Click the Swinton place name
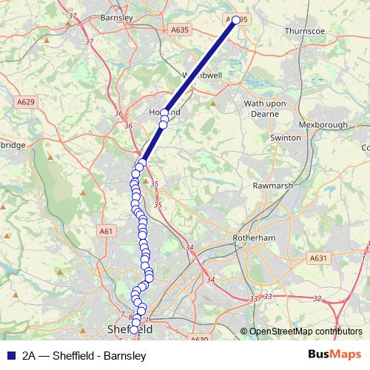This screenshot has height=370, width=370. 286,138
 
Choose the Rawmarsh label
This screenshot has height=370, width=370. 274,186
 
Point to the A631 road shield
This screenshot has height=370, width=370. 319,258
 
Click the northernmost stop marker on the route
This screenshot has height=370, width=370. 236,21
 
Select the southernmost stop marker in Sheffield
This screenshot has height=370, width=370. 134,330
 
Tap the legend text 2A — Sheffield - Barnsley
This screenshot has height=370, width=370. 84,355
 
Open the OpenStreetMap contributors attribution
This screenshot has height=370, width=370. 305,332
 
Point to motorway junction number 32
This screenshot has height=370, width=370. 318,299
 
